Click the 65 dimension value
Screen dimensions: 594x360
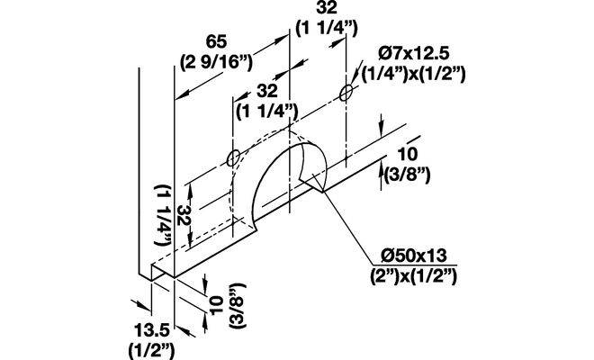(216, 41)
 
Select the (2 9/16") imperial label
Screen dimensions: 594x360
(216, 61)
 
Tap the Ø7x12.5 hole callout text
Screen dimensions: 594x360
(414, 53)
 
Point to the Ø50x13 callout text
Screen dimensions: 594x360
(414, 256)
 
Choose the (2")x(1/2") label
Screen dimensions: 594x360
(414, 276)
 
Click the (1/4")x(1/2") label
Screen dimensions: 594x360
(413, 75)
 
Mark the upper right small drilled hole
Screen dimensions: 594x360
(346, 93)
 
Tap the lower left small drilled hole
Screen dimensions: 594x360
(233, 158)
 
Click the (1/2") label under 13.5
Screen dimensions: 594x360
(151, 350)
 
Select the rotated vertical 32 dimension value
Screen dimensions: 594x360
(182, 216)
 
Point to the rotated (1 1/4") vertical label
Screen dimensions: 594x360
(163, 214)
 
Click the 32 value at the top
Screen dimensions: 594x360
(327, 7)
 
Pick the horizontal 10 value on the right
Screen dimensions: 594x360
(408, 154)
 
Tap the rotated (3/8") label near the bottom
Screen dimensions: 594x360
(238, 305)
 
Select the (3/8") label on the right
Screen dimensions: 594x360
(407, 175)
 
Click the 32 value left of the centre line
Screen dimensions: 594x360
(267, 91)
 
